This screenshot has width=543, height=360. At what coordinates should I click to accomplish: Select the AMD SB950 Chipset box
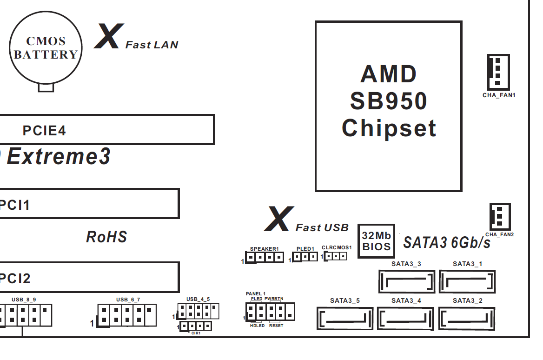388,106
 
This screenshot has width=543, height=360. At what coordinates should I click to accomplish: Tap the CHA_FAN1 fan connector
498,71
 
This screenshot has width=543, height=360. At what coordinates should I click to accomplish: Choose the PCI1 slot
88,204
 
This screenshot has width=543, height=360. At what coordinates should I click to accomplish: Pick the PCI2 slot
88,277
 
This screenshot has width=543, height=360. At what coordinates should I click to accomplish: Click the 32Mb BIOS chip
376,241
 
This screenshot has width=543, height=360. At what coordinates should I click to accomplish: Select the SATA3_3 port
406,281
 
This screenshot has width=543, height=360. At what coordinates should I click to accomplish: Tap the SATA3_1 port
467,281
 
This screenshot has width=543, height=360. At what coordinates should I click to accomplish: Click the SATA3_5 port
345,319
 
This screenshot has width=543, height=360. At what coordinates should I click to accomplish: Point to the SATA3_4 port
406,319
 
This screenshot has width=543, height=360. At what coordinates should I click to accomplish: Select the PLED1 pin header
305,257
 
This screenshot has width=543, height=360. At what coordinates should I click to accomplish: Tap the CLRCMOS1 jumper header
336,256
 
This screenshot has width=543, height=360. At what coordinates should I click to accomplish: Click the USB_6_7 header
127,315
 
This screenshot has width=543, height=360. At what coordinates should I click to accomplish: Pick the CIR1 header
196,326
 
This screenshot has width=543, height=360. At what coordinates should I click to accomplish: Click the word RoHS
106,237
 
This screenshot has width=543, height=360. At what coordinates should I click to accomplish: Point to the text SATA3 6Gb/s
446,242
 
